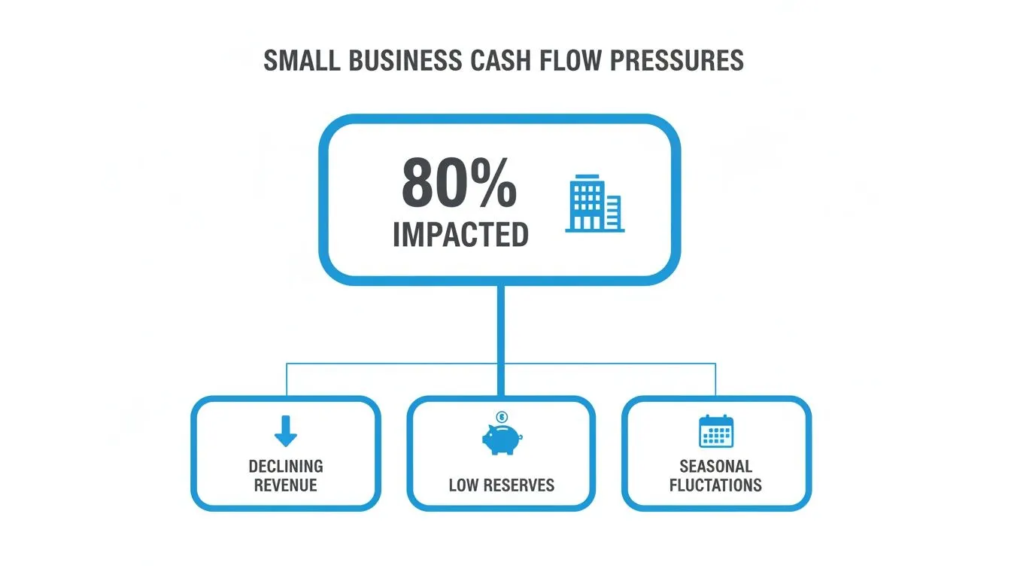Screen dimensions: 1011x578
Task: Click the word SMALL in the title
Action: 302,60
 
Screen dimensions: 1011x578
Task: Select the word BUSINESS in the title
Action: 405,60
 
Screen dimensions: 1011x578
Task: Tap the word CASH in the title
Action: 500,60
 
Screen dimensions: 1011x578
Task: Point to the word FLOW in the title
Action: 570,60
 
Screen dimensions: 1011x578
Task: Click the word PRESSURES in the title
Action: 677,60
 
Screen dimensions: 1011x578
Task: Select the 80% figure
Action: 459,183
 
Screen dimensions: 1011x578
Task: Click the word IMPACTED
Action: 461,235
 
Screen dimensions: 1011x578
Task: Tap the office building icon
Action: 595,203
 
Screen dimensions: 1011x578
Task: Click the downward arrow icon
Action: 286,431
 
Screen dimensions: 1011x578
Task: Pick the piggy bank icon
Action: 502,439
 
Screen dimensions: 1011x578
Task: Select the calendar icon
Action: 716,431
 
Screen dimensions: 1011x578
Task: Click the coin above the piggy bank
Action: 502,416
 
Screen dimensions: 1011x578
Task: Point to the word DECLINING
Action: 286,467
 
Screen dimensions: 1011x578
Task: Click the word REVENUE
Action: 286,485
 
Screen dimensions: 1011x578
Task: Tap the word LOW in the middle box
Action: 463,485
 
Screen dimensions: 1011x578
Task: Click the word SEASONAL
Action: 716,467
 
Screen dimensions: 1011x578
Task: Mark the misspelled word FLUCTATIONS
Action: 716,485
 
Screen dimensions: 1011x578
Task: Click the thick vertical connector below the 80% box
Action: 501,341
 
